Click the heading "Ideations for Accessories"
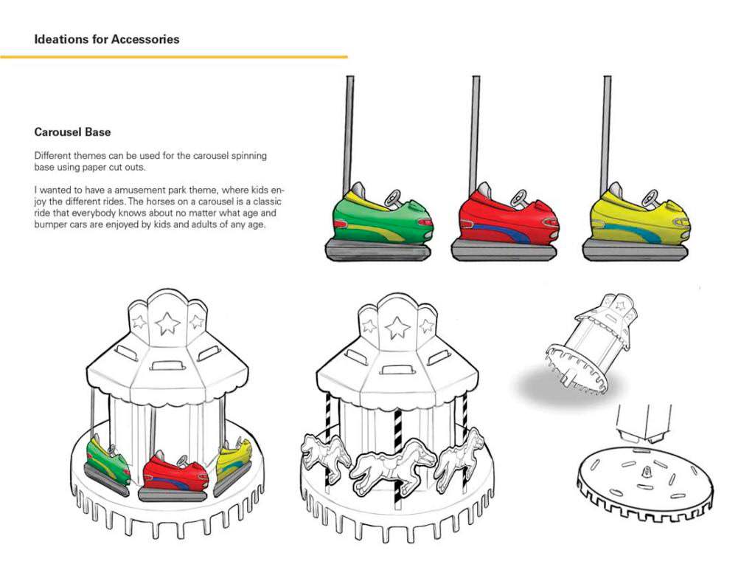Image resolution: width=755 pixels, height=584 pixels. point(106,39)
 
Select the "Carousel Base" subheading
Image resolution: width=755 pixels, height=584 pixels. point(72,132)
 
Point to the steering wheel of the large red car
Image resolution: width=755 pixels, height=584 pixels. point(520,197)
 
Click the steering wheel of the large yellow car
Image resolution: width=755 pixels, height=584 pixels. point(651,197)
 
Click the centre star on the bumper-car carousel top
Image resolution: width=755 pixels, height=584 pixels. point(169,323)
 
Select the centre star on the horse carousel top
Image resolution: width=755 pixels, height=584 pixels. point(397,327)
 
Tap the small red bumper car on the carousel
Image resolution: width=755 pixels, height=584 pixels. point(175,474)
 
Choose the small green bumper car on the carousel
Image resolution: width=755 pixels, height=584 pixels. point(108,461)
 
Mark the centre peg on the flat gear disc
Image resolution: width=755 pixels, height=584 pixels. point(647,470)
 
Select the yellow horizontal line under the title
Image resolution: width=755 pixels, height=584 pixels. point(173,57)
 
